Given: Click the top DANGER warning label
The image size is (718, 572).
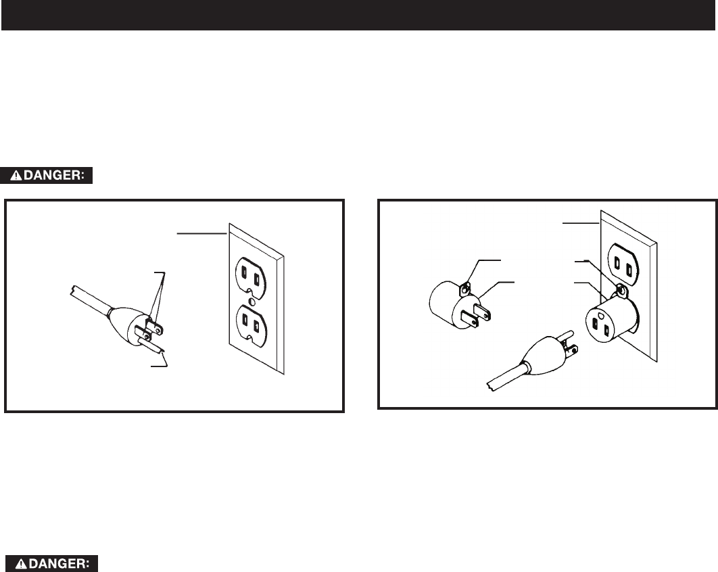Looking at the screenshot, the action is pos(46,175).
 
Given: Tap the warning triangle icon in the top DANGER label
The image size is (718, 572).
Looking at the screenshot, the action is pos(16,175).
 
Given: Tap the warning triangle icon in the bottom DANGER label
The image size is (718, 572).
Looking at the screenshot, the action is pos(22,564).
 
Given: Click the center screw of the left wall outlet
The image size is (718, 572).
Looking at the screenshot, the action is pos(251,301).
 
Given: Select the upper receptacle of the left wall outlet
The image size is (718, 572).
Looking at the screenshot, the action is pos(250,276).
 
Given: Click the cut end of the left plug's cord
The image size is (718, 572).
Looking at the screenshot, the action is pos(73,290).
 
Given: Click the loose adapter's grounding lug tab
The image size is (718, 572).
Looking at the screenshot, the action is pos(465,289).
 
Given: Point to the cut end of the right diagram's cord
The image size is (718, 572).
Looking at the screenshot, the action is pos(490,385).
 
